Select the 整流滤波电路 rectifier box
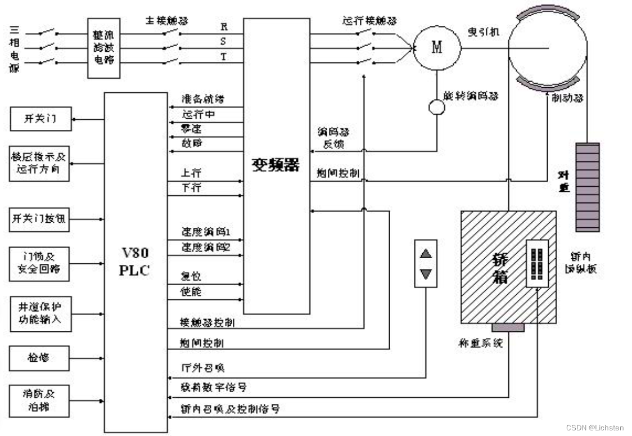[x=104, y=48]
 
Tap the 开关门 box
[x=40, y=119]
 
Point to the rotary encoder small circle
[x=437, y=107]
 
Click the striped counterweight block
[x=587, y=187]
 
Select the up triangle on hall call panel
[x=426, y=253]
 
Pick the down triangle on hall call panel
[x=426, y=274]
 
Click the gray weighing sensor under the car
[x=508, y=327]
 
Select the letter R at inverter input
[x=224, y=26]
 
